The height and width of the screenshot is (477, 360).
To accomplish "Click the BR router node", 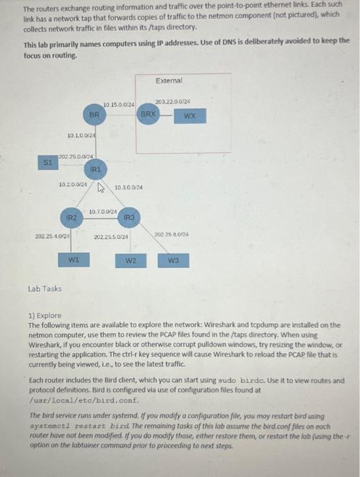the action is point(95,116).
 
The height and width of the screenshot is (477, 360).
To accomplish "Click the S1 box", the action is point(47,163).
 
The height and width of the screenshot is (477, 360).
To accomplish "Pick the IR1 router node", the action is point(95,166).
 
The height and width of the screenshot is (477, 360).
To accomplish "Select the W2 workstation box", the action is point(132,260).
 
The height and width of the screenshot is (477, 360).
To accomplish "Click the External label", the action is point(168,80).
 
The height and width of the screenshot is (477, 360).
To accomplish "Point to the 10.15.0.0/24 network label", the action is point(119,104).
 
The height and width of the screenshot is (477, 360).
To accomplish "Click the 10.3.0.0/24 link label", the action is point(128,187).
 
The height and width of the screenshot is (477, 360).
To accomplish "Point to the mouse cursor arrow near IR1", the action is point(101,185).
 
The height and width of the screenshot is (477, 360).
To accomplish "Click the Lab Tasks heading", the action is point(45,288).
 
